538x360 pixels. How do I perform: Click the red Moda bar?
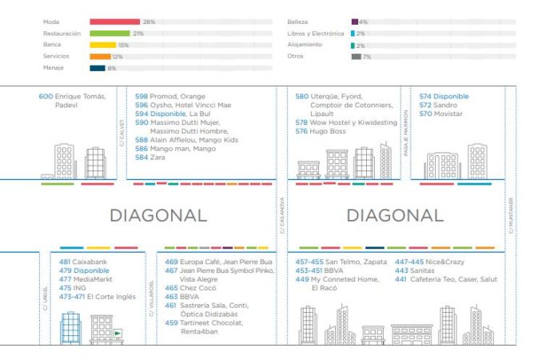pos(115,22)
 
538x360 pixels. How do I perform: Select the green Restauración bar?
pos(110,34)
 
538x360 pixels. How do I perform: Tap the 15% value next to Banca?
pos(123,45)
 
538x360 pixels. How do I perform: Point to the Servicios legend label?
pos(55,57)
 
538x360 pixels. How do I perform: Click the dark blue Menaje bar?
pos(97,68)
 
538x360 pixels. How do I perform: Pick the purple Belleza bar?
pos(354,22)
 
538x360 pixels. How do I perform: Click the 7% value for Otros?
pos(367,57)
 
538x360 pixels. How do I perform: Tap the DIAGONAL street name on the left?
pos(157,215)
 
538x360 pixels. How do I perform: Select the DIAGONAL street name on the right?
pos(394,215)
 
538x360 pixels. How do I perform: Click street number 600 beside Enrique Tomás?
pos(46,97)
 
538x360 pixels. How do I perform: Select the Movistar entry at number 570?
pos(448,114)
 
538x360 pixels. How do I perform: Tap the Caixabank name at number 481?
pos(92,262)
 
